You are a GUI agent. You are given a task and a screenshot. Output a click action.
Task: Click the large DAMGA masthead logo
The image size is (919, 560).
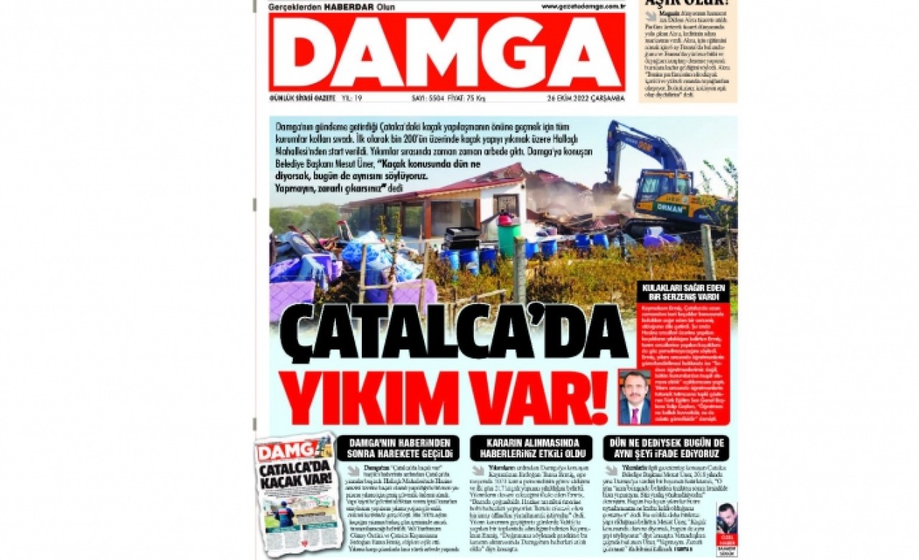[x=447, y=52]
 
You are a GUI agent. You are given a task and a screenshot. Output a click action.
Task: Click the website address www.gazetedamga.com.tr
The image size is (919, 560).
[x=582, y=6]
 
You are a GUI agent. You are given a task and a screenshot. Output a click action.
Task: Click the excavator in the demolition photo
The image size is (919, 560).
[x=661, y=176]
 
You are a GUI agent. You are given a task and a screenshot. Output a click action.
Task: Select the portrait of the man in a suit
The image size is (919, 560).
[x=635, y=397]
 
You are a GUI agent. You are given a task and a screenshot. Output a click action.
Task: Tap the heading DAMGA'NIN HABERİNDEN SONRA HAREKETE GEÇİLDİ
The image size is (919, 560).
[x=397, y=448]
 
